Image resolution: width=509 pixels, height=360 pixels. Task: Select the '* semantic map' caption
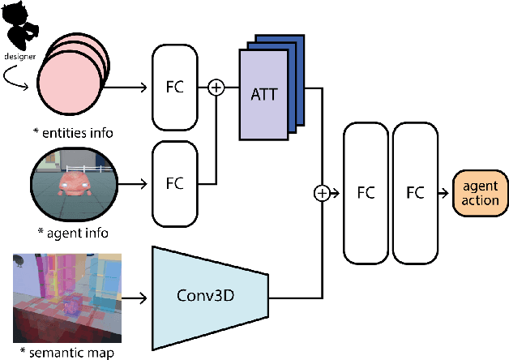(x=66, y=352)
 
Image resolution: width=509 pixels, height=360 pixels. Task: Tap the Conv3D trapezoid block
(x=209, y=295)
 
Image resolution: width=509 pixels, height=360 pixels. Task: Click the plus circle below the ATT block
(x=323, y=193)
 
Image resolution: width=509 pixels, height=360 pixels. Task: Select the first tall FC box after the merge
(x=366, y=193)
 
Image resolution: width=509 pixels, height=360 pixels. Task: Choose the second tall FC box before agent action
(x=415, y=193)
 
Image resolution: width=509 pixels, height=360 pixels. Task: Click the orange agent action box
(x=480, y=193)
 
